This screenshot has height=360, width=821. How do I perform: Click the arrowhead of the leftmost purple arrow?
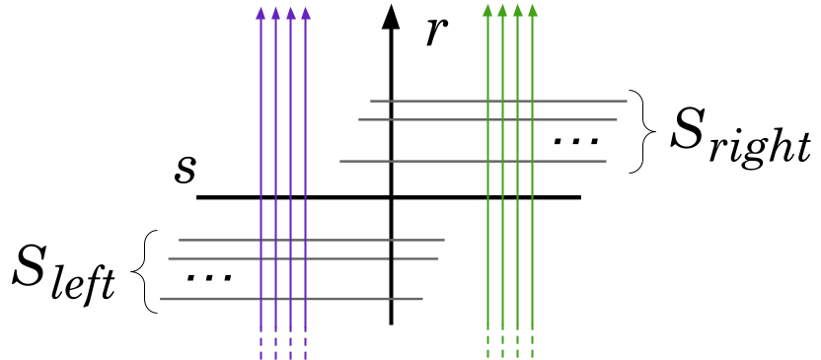[x=261, y=13]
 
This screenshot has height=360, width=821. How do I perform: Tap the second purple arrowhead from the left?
[x=275, y=13]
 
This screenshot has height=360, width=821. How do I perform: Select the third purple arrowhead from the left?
[x=290, y=13]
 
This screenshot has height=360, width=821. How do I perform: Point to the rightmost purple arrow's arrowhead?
[x=305, y=13]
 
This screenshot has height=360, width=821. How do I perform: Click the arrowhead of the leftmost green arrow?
[x=487, y=10]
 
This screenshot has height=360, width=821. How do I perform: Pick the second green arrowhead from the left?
[x=502, y=10]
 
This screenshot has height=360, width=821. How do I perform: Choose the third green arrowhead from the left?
[x=517, y=10]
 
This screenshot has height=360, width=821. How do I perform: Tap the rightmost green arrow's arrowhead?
[x=532, y=10]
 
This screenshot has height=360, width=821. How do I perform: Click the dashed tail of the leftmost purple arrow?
[x=261, y=347]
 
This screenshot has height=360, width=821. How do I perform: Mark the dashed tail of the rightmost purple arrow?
[x=305, y=347]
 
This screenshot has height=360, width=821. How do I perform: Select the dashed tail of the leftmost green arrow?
[x=487, y=345]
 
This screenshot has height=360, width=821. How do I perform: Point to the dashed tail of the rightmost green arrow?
[x=532, y=345]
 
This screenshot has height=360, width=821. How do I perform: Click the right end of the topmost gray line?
[x=627, y=101]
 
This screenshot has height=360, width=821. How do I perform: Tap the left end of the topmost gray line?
[x=370, y=101]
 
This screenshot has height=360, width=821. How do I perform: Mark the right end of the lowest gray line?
[x=422, y=299]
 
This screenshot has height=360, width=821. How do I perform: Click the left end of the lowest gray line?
[x=161, y=299]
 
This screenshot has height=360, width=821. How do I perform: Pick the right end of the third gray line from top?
[x=606, y=161]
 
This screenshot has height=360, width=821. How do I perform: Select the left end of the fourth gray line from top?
[x=179, y=240]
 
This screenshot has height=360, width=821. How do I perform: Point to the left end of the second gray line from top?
[x=359, y=119]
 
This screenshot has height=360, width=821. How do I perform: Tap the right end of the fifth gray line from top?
[x=438, y=258]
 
